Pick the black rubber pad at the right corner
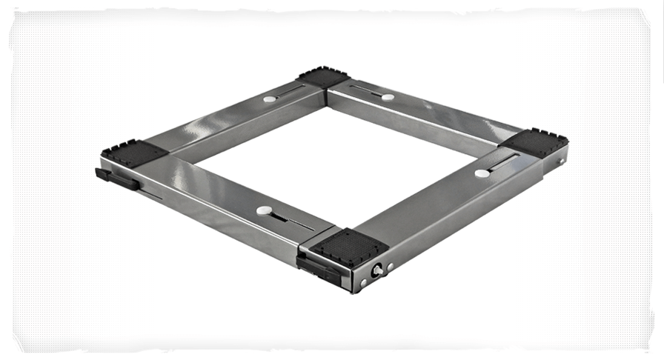click(x=536, y=141)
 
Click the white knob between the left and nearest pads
click(x=264, y=210)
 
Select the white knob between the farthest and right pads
click(x=388, y=97)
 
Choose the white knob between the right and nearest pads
click(x=482, y=173)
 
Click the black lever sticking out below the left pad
click(x=116, y=179)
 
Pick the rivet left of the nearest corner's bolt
click(x=363, y=282)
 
